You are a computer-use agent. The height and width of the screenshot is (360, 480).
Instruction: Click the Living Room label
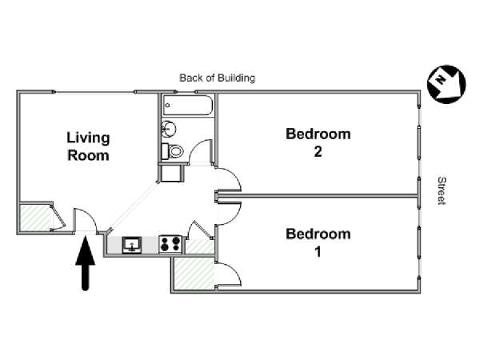tap(88, 146)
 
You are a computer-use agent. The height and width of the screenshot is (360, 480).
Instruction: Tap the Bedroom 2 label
tap(318, 142)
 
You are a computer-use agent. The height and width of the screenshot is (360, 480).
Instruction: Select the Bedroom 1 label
tap(318, 242)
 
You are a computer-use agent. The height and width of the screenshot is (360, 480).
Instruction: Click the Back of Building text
tap(217, 78)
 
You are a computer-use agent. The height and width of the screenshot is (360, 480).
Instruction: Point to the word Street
tap(442, 190)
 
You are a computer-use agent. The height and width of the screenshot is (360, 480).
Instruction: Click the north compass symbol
tap(446, 84)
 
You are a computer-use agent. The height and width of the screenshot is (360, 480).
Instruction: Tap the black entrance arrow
tap(86, 263)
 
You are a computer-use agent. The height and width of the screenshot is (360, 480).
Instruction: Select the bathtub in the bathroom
tap(188, 106)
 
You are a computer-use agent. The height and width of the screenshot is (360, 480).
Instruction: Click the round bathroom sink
tap(168, 129)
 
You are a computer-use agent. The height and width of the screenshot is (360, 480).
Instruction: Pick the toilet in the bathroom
tap(172, 151)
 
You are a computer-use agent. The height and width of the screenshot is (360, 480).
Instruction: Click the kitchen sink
tap(132, 246)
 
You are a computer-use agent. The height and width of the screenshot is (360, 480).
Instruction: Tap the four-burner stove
tap(170, 244)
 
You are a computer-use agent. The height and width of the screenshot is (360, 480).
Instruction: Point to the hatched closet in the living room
tap(35, 218)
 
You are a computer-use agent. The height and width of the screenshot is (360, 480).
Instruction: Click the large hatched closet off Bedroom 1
tap(194, 274)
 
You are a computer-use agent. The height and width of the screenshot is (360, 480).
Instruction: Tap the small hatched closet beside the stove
tap(200, 246)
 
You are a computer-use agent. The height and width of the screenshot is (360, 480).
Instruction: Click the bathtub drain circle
tap(167, 106)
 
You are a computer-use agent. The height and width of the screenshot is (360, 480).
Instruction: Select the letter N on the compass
tap(440, 80)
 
